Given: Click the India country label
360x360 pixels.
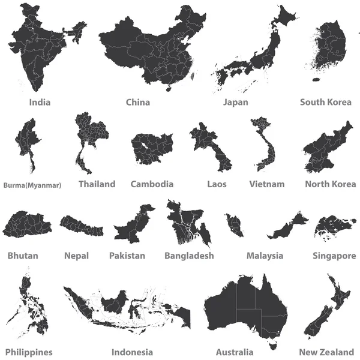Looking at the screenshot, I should coord(40,102).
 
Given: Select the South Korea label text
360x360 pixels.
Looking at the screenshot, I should coord(326,102).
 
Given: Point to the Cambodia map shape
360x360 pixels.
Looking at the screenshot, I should coord(151,148).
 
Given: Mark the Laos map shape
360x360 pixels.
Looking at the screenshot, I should coord(205,141).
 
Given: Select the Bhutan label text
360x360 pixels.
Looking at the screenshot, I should coord(23,256).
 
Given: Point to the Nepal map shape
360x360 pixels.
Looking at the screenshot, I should coord(80,226).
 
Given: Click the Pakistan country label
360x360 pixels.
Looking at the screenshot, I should coord(127,256).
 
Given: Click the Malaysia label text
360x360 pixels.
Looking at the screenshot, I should coord(265,256).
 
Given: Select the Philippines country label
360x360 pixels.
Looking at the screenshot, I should coord(29,352).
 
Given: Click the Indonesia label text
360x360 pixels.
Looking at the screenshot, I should coord(132,352).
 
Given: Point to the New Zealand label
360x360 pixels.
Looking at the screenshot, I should coord(326,352).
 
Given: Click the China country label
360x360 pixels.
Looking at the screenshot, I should coord(138,102).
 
